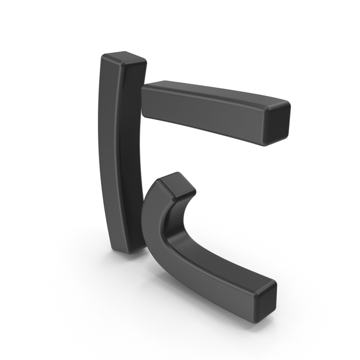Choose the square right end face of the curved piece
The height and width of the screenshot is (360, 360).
tap(265, 301)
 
